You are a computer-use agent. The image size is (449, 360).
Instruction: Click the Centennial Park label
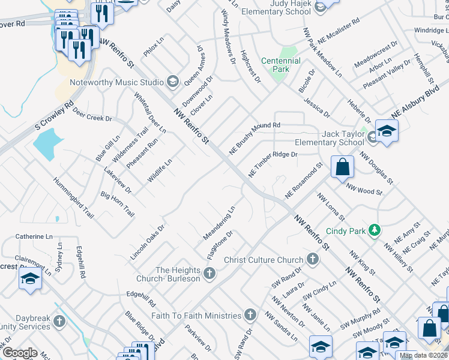(281, 65)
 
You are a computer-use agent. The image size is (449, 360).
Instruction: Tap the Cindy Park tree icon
(375, 230)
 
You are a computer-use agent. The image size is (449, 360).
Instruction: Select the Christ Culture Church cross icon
(312, 260)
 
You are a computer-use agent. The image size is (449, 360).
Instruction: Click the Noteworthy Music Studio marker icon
(173, 82)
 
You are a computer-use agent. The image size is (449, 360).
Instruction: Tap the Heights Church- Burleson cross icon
(209, 274)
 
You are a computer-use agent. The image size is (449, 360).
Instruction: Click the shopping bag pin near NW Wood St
(342, 167)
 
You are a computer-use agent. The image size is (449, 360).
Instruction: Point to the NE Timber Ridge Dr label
(273, 164)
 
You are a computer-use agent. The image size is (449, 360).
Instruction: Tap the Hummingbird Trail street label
(73, 197)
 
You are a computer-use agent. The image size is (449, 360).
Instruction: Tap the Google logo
(19, 353)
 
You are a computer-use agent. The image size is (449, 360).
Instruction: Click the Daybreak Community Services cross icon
(59, 322)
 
